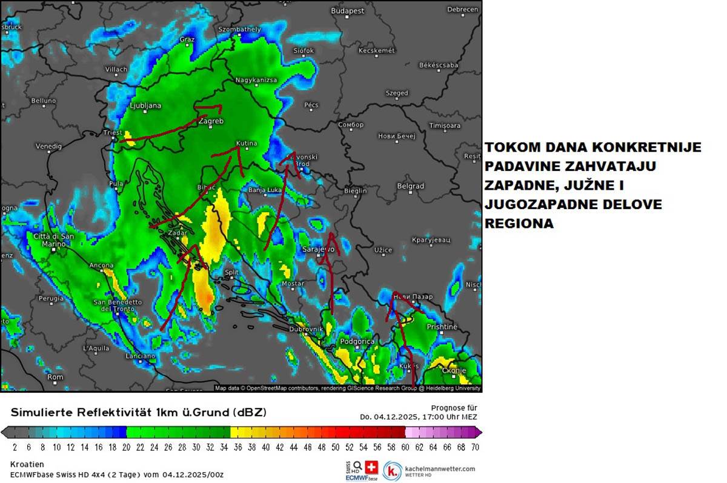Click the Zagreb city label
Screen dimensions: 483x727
pos(211,121)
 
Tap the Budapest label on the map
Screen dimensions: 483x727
pos(348,11)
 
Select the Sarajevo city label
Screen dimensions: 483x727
pos(318,249)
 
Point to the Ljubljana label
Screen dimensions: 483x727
pos(145,105)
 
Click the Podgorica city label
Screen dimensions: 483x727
pos(357,342)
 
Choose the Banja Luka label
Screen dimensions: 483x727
pos(265,190)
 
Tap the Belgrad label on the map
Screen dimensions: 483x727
pos(410,186)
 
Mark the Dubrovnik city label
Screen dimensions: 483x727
pos(307,328)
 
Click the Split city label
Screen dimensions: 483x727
pos(231,273)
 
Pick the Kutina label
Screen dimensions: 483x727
pos(247,144)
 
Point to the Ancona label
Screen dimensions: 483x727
pos(101,265)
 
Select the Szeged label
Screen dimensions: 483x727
pos(397,93)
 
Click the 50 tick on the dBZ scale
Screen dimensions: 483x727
pos(335,447)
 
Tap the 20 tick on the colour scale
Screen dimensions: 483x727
pos(126,447)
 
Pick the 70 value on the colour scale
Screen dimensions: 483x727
pos(474,447)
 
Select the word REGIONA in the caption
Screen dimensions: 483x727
pos(519,224)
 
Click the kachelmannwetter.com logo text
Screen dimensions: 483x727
pos(440,468)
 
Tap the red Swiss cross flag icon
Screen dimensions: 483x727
pos(371,467)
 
